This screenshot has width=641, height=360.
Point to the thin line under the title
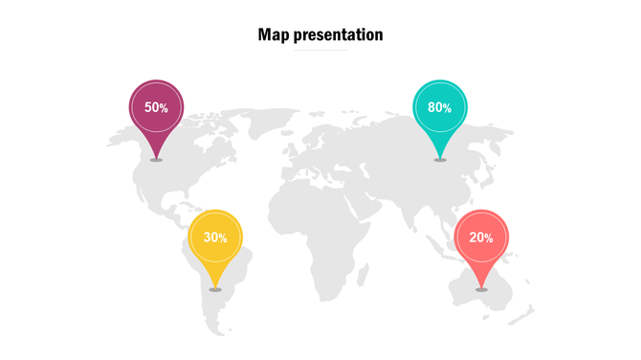click(x=320, y=51)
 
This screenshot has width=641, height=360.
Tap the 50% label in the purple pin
click(x=156, y=108)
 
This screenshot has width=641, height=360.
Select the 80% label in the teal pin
click(x=439, y=108)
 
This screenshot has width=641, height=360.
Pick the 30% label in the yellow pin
click(x=215, y=237)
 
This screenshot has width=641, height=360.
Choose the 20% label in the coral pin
click(x=481, y=237)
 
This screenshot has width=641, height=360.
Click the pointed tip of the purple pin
click(x=156, y=156)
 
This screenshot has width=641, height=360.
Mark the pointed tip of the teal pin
click(x=439, y=156)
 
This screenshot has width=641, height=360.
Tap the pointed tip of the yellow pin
click(x=215, y=285)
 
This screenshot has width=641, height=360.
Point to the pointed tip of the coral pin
click(x=481, y=285)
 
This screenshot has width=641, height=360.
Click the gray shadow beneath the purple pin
click(x=156, y=160)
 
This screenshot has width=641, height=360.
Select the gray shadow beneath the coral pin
click(x=481, y=289)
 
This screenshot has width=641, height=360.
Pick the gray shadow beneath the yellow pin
click(x=215, y=289)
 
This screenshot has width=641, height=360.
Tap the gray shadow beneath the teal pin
click(x=439, y=160)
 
